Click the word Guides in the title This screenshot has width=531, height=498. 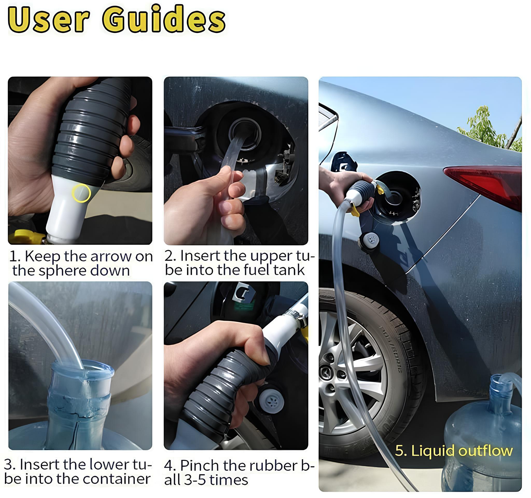163,19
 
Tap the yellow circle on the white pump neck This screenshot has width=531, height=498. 81,193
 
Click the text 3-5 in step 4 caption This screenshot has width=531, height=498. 195,480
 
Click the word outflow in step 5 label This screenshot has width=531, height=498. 486,451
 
